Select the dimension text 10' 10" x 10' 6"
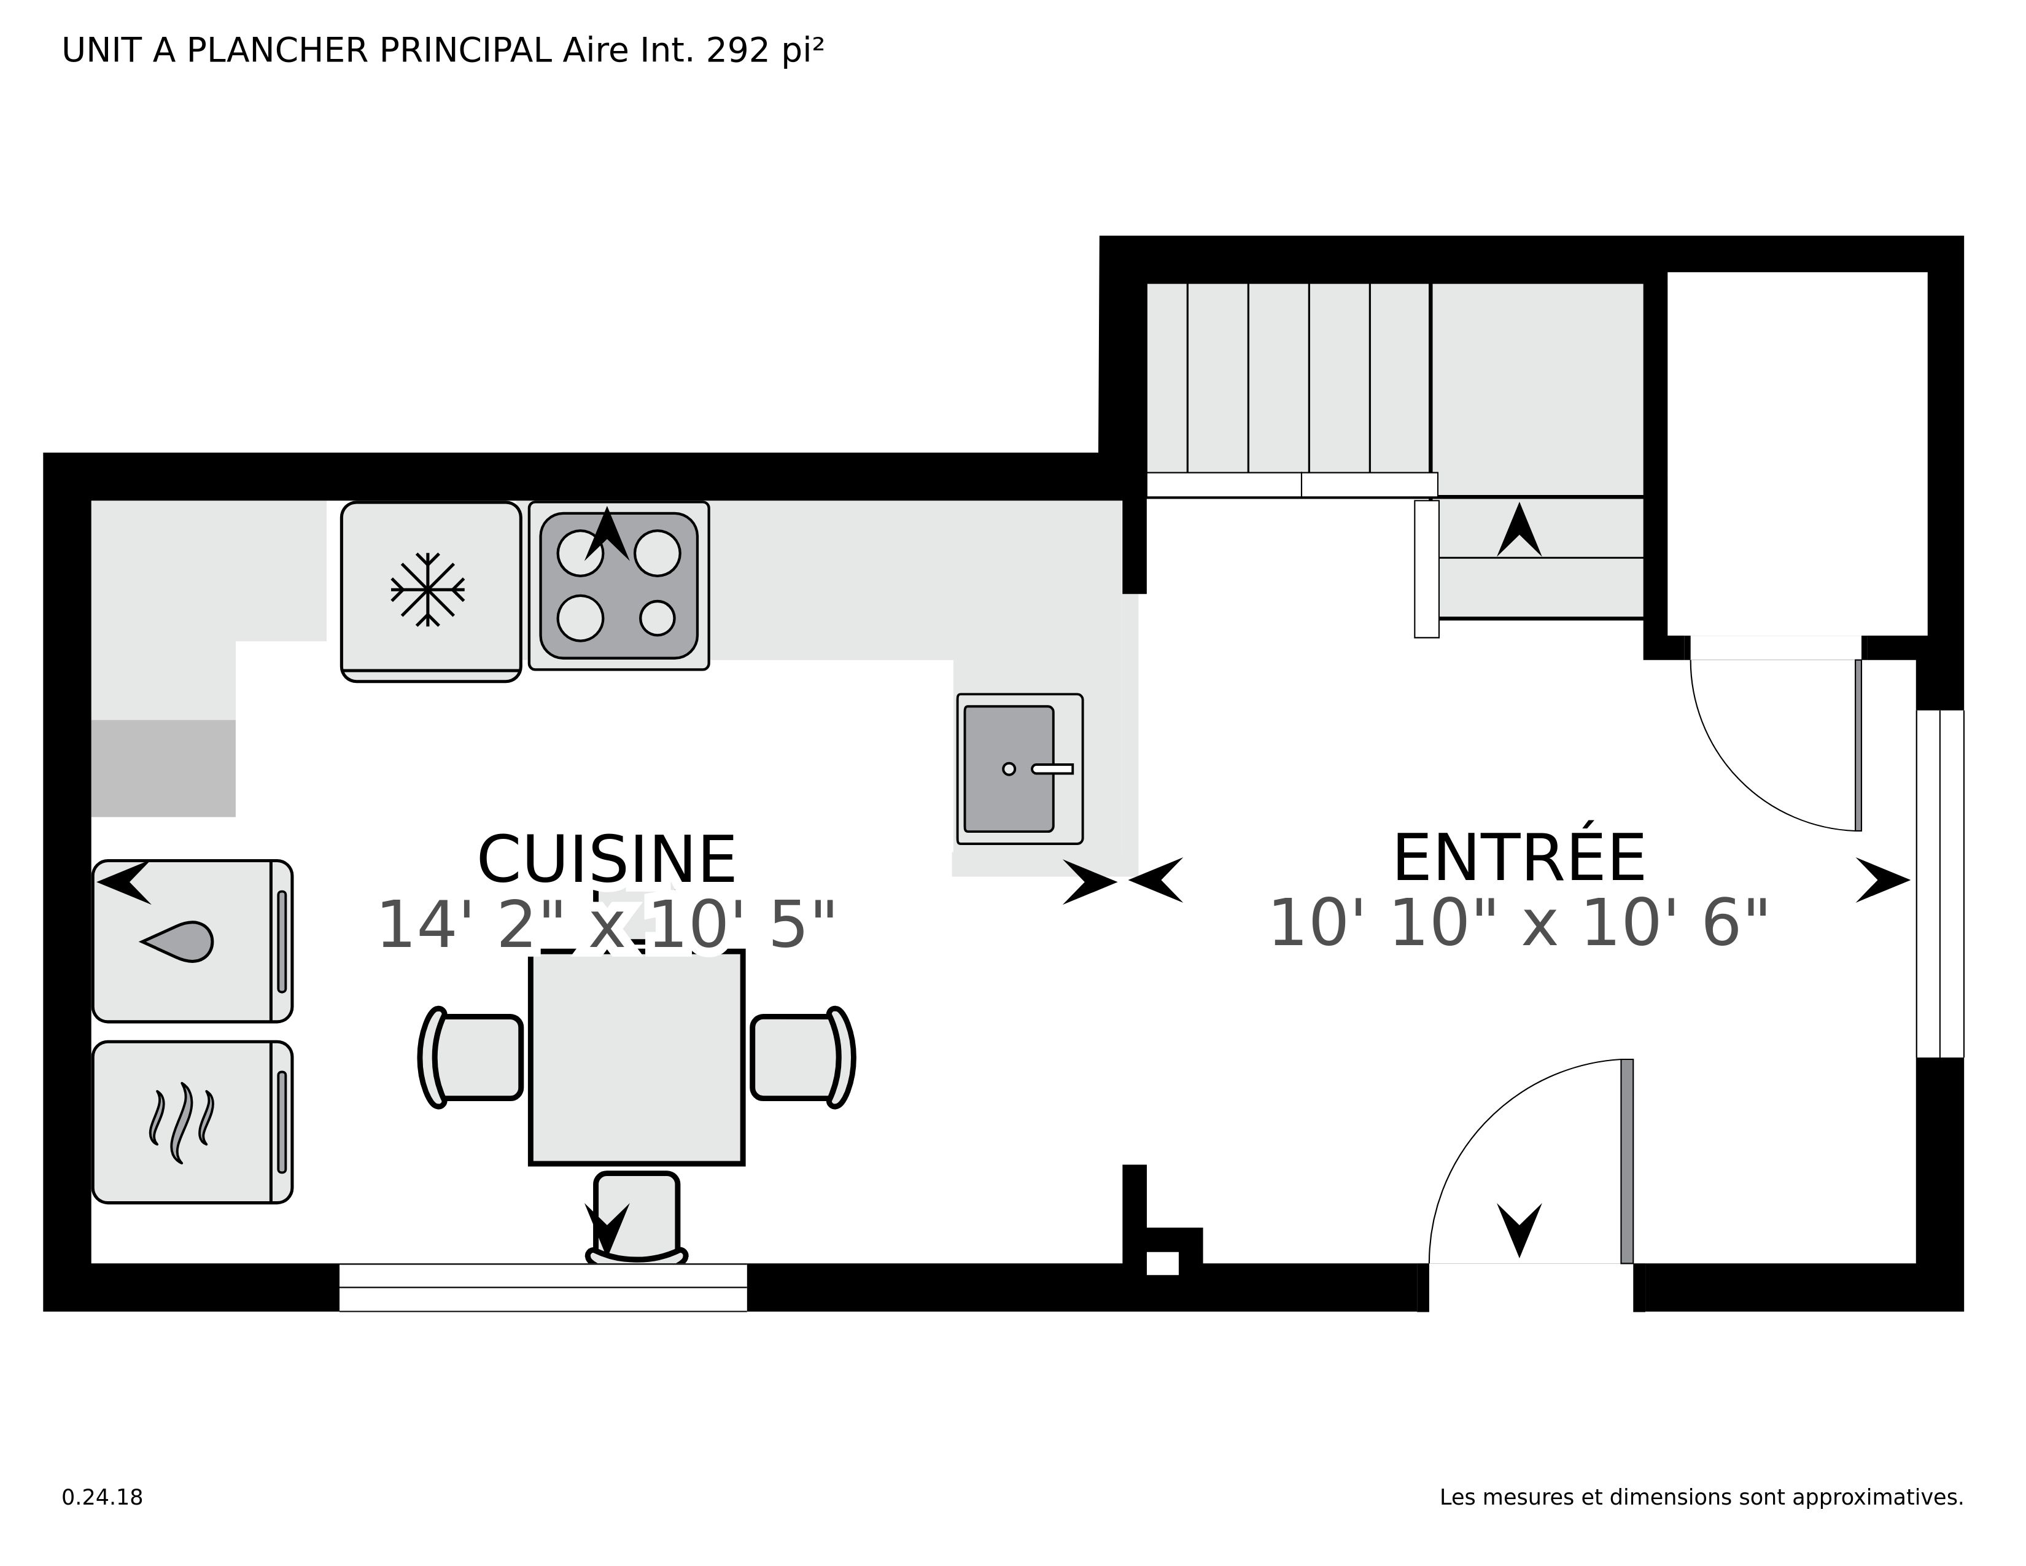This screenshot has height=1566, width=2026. pos(1518,924)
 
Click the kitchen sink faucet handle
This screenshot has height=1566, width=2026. pos(1053,768)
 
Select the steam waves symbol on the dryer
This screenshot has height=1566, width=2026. pos(181,1123)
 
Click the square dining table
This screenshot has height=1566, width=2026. pos(637,1058)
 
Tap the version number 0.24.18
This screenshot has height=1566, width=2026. pos(102,1497)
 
